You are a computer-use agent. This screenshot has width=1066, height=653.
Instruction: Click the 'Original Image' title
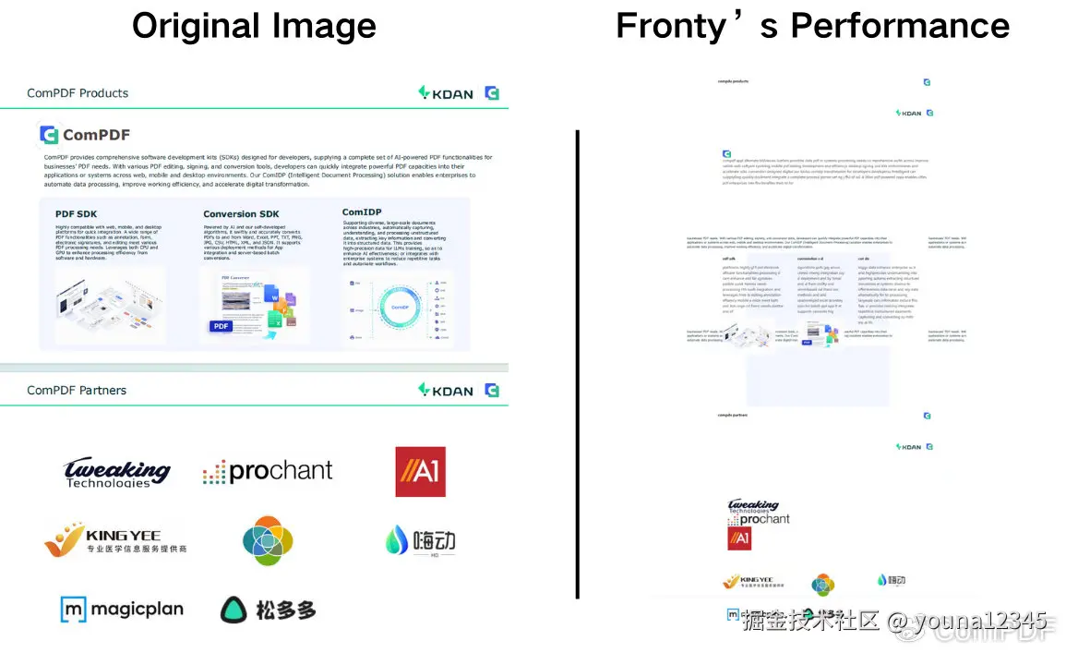point(254,25)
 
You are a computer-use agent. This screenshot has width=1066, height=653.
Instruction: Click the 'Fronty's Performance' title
point(812,25)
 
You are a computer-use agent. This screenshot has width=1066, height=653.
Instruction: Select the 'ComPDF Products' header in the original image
point(78,93)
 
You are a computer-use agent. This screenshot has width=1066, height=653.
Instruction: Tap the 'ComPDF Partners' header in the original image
point(77,391)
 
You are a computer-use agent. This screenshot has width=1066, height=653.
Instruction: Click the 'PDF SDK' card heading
point(76,214)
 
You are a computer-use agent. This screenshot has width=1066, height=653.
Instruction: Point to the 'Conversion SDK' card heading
point(241,214)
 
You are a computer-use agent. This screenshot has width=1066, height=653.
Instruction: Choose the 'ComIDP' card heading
point(362,212)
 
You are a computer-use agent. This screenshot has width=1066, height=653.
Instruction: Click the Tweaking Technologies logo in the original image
point(117,473)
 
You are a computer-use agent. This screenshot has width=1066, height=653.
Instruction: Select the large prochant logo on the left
point(268,472)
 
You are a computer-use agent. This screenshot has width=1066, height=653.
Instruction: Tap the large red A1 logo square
point(420,472)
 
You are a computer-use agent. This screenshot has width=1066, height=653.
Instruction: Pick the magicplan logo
point(122,610)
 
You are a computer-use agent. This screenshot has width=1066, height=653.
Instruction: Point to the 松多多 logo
point(268,610)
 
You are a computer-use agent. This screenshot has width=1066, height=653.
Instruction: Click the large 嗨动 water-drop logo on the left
point(420,540)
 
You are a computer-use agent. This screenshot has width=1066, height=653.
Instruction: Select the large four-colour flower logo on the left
point(268,540)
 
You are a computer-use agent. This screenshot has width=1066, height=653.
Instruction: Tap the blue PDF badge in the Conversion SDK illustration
point(221,326)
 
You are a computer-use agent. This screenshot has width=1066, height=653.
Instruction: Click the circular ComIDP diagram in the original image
point(400,307)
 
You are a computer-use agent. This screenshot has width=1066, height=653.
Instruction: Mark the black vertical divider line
point(577,364)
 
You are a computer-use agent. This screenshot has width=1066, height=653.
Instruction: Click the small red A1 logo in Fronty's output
point(739,538)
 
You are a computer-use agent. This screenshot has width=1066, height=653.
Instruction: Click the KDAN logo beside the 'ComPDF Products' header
point(446,92)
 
